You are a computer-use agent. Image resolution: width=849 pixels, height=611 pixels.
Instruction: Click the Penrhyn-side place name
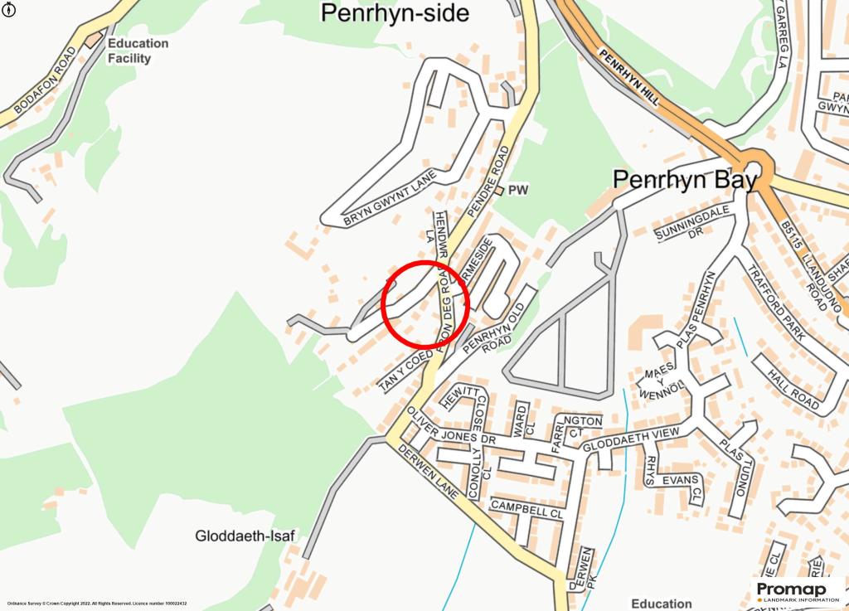[x=395, y=13]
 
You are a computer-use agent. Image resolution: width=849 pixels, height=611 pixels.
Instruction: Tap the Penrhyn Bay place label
[x=684, y=180]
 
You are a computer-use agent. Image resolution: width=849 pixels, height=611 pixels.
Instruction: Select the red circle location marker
[x=425, y=303]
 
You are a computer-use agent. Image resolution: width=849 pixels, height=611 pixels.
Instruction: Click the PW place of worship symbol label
[x=518, y=191]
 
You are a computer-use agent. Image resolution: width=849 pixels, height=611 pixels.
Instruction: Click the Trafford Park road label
[x=776, y=302]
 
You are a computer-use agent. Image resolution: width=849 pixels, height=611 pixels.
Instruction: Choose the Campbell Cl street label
[x=526, y=508]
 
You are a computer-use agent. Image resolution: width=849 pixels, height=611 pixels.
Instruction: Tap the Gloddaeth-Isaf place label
[x=245, y=536]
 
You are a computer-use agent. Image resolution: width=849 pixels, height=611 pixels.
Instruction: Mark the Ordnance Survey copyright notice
[x=96, y=604]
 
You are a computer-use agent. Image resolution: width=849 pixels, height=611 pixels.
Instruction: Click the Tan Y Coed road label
[x=405, y=371]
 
